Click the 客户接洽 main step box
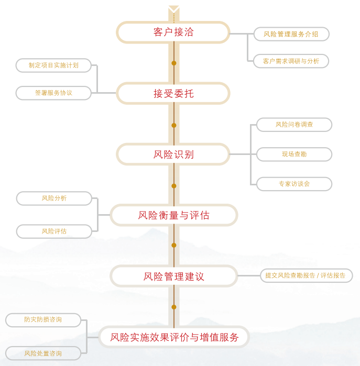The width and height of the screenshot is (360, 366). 173,32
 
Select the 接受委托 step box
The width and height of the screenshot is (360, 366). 173,94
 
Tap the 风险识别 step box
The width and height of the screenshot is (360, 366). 173,154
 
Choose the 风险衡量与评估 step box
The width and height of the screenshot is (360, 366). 173,215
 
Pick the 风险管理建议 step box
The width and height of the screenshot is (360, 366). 173,276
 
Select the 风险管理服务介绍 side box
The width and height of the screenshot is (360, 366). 291,34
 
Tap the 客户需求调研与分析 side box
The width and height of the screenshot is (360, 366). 291,61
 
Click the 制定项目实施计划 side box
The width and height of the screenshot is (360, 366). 54,65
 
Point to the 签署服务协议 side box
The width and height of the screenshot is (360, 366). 53,93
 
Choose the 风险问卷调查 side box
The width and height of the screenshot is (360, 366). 294,125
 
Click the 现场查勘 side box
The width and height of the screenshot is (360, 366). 294,154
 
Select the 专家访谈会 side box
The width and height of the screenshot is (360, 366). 294,184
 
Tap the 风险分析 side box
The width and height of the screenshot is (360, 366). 54,198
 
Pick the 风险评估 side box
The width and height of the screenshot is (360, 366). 54,231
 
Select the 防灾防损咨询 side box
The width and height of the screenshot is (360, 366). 43,319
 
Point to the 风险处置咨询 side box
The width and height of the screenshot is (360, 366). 43,353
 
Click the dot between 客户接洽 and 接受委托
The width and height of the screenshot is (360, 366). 174,63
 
